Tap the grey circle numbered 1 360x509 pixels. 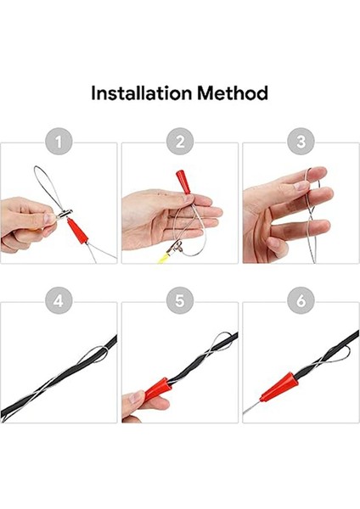58,142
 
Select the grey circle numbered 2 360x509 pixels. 179,142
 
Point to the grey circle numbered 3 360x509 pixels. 301,142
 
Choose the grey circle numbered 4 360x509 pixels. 58,301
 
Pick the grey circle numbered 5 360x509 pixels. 179,301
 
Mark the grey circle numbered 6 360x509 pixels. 301,301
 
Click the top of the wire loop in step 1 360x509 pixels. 41,168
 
